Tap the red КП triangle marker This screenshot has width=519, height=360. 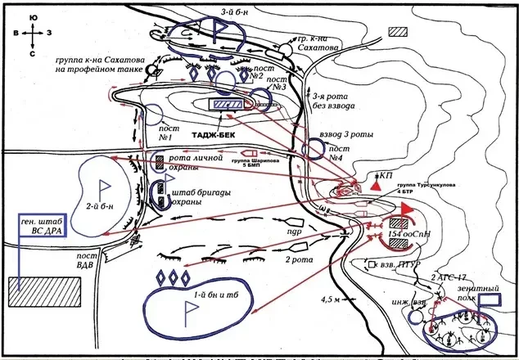(376, 188)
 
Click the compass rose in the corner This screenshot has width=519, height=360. (30, 34)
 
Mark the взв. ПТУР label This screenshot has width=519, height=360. (399, 266)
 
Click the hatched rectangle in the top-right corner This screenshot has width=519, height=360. (399, 32)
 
